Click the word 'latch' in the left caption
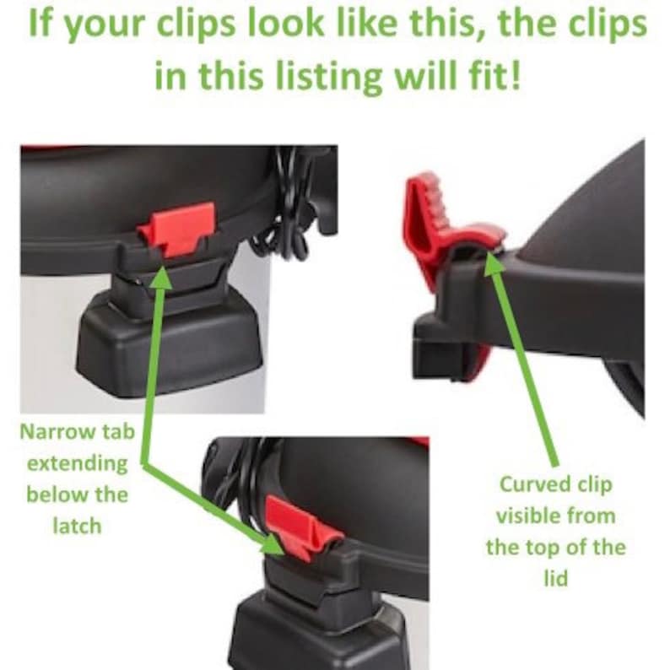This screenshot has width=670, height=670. point(78,526)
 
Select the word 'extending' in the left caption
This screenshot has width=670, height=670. point(78,464)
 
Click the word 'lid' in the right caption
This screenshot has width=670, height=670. point(555,579)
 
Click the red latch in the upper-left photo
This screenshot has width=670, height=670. point(176,229)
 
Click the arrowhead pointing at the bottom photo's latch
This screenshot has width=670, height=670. point(272,543)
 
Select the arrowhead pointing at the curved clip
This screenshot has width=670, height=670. point(494,264)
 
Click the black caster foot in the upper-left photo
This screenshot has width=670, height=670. point(169,346)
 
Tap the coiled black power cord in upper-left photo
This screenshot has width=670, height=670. point(282,205)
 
